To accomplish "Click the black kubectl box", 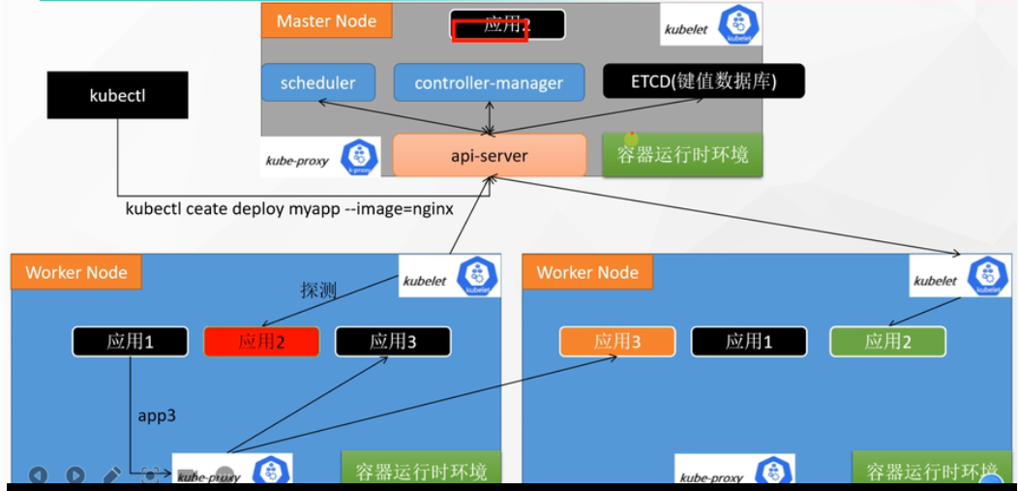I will click(x=117, y=95).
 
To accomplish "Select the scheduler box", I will click(x=317, y=82).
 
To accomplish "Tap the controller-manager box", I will click(x=489, y=82).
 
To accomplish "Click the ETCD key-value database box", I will click(x=690, y=81).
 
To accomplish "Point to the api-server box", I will click(x=489, y=155).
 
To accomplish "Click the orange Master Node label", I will click(x=326, y=20).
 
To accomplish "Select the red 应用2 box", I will click(x=261, y=341).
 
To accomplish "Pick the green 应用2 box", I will click(x=887, y=341).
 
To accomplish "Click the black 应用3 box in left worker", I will click(x=393, y=341).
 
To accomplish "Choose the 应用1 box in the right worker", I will click(x=748, y=341).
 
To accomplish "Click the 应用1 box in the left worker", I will click(x=130, y=341).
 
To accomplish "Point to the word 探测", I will click(x=317, y=291).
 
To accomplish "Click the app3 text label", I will click(x=157, y=414).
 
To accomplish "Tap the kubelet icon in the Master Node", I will click(x=740, y=24).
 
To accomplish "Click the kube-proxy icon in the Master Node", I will click(x=359, y=157).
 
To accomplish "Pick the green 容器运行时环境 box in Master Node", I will click(x=682, y=155).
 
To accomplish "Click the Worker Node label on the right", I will click(x=587, y=272).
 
